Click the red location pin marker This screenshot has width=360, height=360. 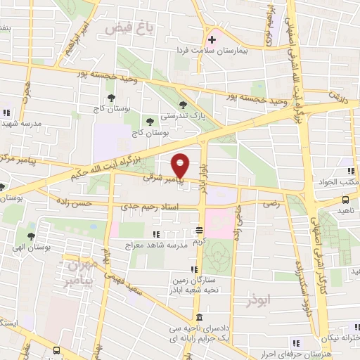point(181,166)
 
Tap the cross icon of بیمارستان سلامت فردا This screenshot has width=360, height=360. point(212,39)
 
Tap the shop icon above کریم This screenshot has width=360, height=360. point(200,230)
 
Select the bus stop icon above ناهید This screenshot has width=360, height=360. point(347,200)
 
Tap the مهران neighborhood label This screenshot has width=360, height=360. point(79,267)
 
